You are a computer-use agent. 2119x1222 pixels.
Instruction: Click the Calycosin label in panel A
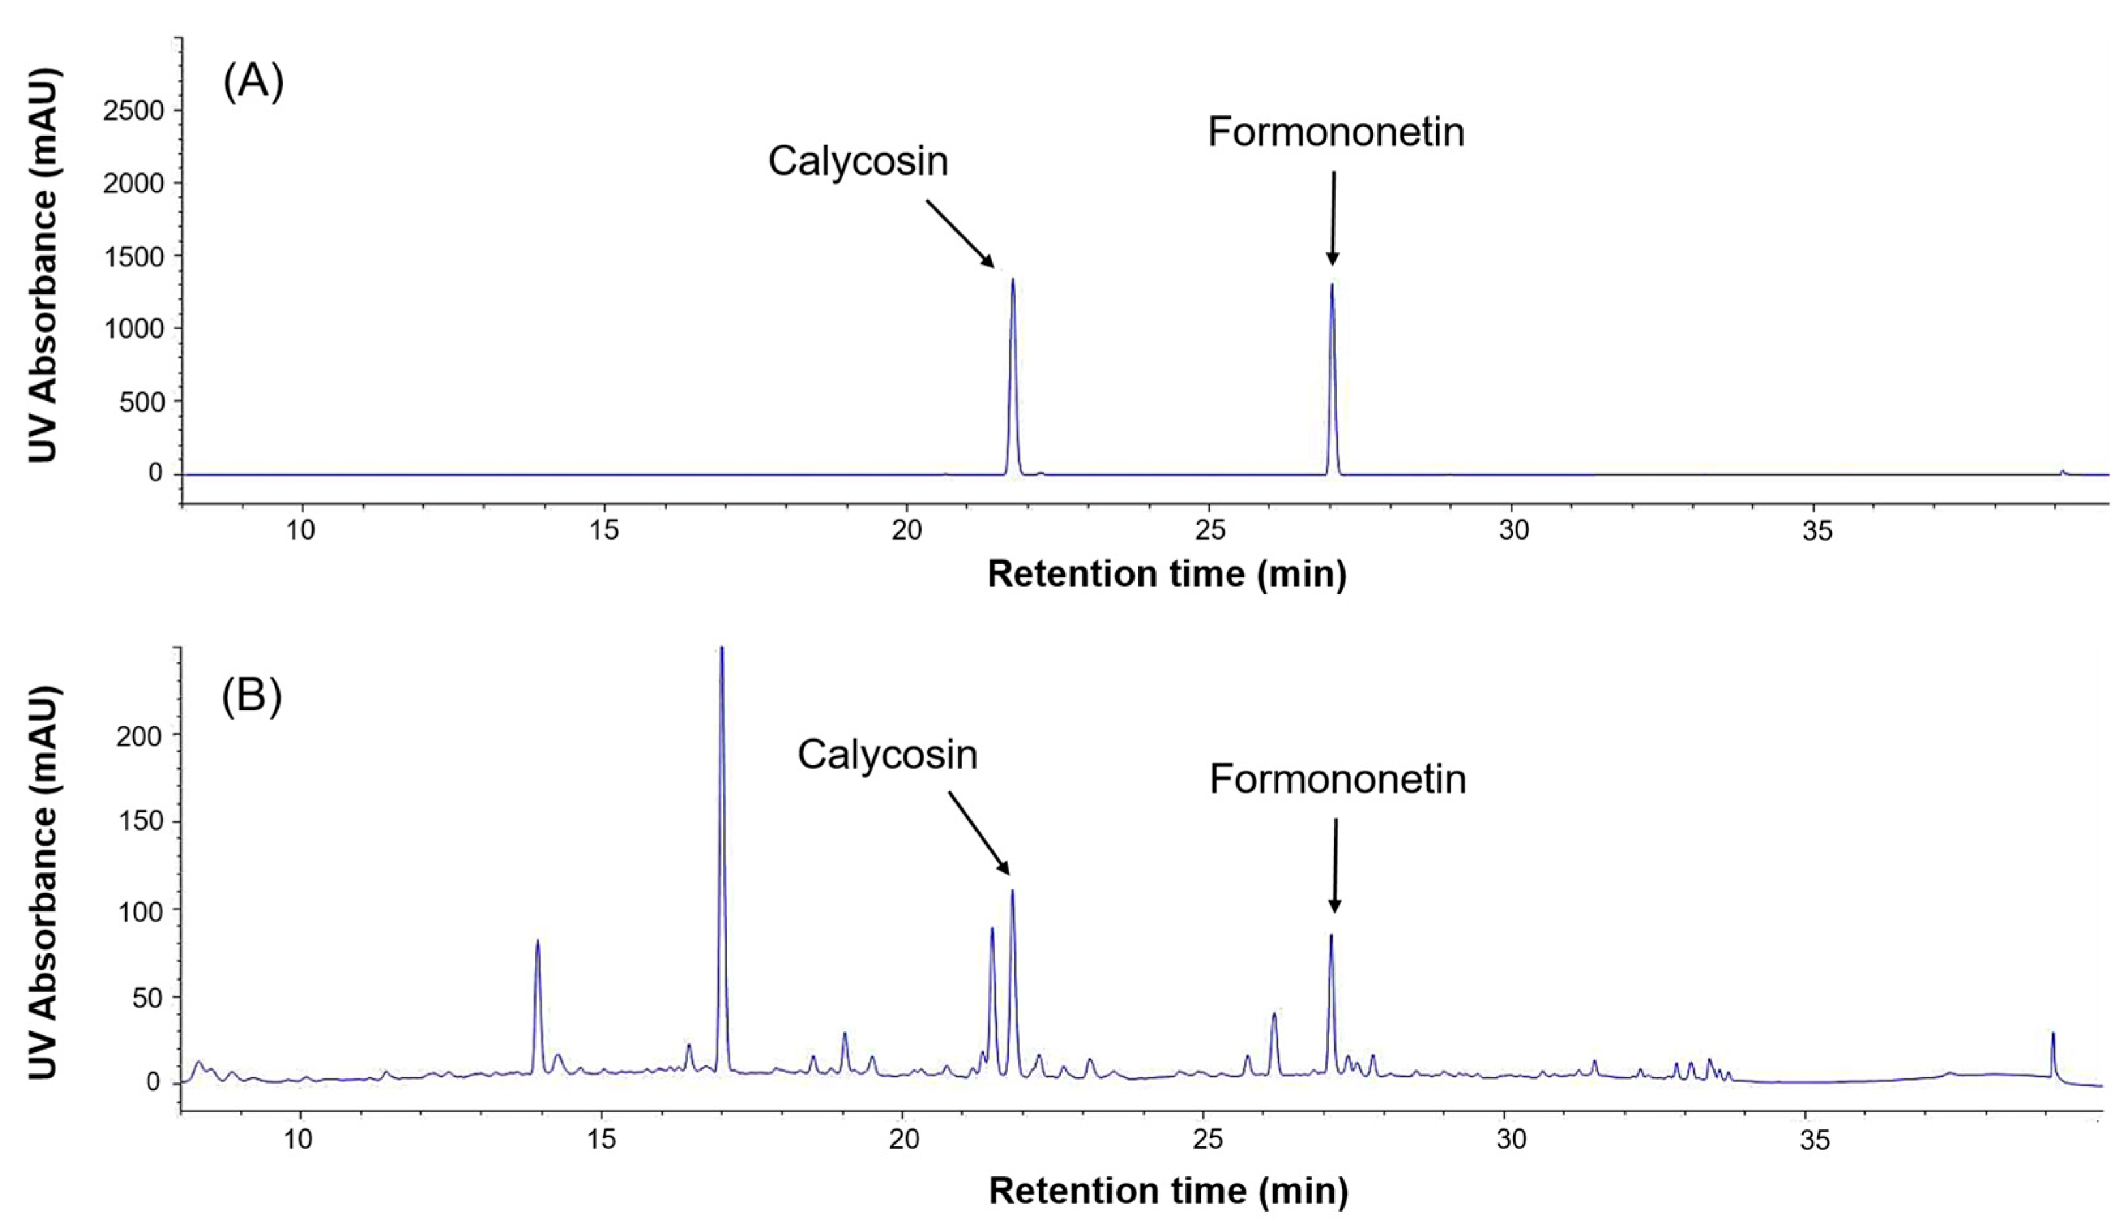click(857, 161)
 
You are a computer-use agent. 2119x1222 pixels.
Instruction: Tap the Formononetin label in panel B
click(1338, 780)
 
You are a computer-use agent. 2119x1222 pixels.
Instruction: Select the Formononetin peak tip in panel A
click(1332, 284)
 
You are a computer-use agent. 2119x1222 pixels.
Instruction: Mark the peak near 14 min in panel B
click(537, 941)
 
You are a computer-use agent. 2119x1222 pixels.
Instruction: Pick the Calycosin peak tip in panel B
click(1012, 891)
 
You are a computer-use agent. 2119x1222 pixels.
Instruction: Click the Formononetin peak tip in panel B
click(1330, 936)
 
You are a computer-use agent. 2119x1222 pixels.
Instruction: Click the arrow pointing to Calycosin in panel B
click(979, 832)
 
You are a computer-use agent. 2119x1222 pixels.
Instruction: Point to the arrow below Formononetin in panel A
click(1332, 218)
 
